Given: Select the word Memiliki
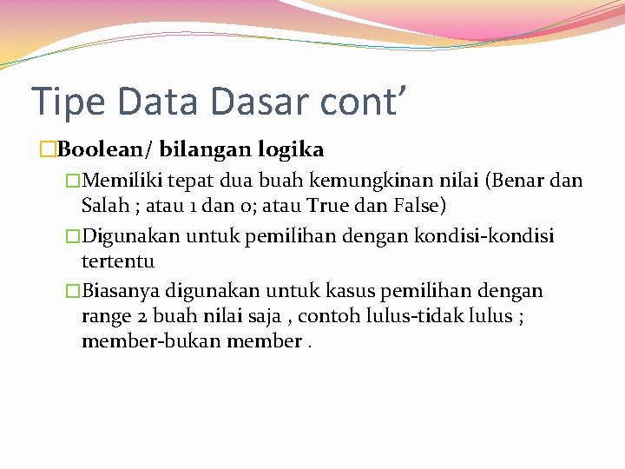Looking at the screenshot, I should (x=126, y=181).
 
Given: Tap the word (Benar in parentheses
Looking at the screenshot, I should (x=515, y=181).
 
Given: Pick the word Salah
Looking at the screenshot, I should (x=103, y=206).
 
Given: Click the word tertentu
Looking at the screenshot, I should (x=118, y=261).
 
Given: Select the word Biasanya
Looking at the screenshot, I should (x=125, y=290).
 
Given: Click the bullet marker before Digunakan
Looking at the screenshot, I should (x=74, y=235).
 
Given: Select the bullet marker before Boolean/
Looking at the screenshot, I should (x=49, y=149).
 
